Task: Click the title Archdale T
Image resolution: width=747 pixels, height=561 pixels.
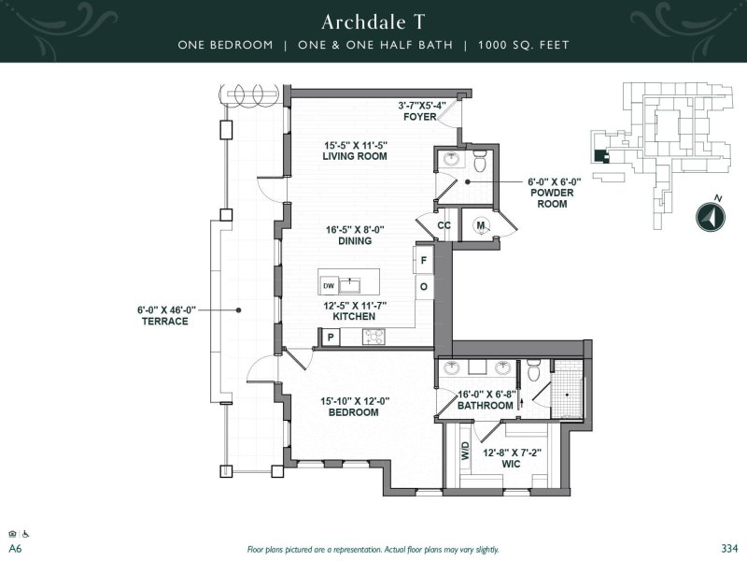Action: tap(373, 22)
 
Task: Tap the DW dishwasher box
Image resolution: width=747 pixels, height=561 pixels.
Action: tap(329, 285)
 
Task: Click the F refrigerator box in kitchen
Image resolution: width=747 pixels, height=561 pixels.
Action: tap(423, 260)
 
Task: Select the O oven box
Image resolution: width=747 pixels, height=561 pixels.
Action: tap(423, 286)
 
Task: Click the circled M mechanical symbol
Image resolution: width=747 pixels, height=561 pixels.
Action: tap(480, 225)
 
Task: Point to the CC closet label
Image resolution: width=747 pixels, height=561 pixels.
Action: tap(444, 225)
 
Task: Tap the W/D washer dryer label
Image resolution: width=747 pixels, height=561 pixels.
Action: tap(465, 453)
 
